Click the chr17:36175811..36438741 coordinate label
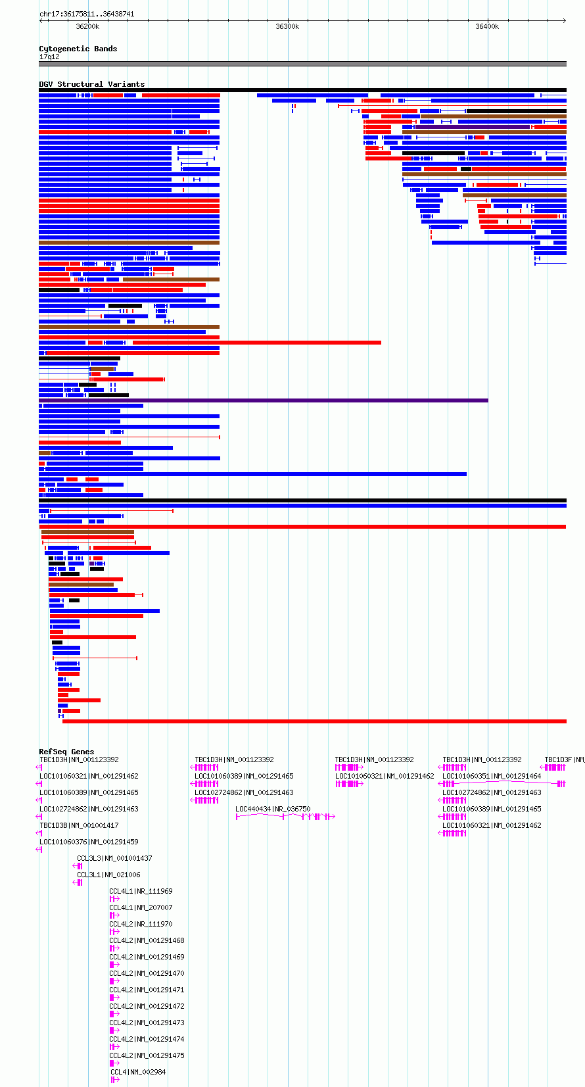[87, 14]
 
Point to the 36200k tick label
[88, 27]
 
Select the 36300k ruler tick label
[287, 27]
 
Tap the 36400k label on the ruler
[487, 27]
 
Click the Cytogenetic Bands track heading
[78, 49]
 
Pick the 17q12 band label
[49, 57]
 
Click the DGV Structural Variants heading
[91, 84]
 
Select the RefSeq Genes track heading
[66, 752]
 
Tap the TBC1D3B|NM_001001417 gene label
[79, 825]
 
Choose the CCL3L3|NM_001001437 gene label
[114, 858]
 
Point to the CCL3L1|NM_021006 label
[108, 875]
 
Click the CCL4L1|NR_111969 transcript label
[141, 892]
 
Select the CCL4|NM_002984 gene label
[138, 1072]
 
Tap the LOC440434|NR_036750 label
[273, 809]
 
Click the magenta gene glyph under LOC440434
[285, 817]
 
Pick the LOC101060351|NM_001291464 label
[492, 776]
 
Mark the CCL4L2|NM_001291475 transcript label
[147, 1055]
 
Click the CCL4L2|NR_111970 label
[141, 925]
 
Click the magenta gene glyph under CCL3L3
[78, 866]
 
